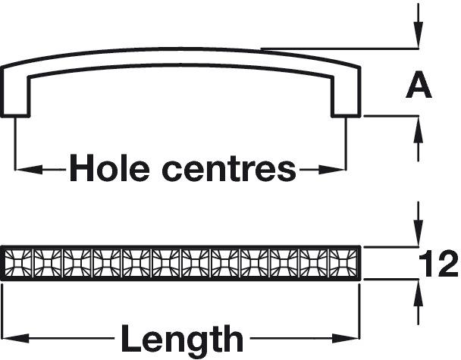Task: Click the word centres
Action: tap(229, 171)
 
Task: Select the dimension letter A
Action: tap(419, 86)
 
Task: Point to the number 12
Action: tap(437, 264)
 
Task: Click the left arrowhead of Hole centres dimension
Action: tap(29, 170)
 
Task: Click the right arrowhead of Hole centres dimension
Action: tap(331, 170)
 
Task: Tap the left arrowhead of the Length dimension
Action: tap(15, 338)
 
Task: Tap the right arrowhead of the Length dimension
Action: tap(346, 338)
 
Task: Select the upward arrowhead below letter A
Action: tap(419, 130)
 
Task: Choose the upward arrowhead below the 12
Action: tap(419, 294)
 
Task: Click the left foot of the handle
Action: tap(15, 100)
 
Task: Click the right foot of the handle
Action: tap(346, 100)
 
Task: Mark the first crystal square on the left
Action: tap(18, 263)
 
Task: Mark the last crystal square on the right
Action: tap(343, 263)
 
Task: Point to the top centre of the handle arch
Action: tap(180, 49)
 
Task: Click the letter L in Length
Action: tap(131, 338)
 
